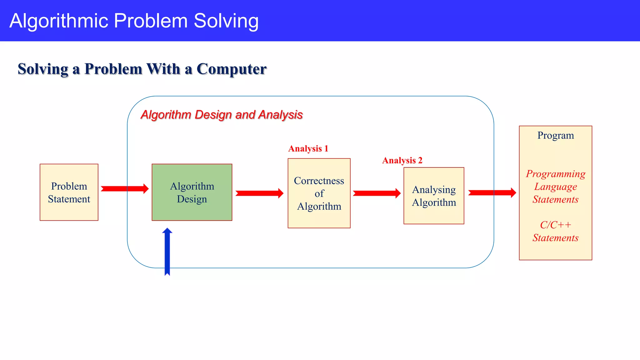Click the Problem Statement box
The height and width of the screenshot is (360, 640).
tap(69, 192)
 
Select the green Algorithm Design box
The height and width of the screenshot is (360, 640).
tap(192, 192)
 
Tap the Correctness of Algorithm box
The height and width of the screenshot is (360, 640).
tap(319, 193)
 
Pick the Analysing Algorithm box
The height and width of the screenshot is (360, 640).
tap(434, 196)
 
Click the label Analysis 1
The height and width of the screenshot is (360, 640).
tap(308, 148)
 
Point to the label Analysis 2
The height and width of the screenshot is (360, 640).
tap(402, 160)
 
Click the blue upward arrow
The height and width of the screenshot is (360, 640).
tap(167, 252)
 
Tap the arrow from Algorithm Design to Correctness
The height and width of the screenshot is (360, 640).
tap(259, 193)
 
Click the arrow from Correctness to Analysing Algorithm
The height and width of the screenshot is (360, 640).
tap(376, 193)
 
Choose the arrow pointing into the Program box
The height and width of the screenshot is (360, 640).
tap(492, 192)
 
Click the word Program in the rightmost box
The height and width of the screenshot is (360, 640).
tap(556, 135)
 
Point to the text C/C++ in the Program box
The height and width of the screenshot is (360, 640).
tap(556, 225)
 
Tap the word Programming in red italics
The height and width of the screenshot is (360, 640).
tap(556, 174)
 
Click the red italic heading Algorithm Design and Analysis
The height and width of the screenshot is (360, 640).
tap(222, 115)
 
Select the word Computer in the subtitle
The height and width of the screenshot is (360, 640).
tap(232, 69)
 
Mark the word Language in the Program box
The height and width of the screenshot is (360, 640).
tap(556, 187)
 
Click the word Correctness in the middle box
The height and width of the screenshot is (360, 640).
tap(319, 181)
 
